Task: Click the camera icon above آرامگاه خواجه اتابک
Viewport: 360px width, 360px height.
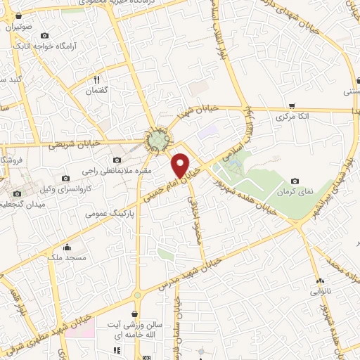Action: (x=45, y=35)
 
